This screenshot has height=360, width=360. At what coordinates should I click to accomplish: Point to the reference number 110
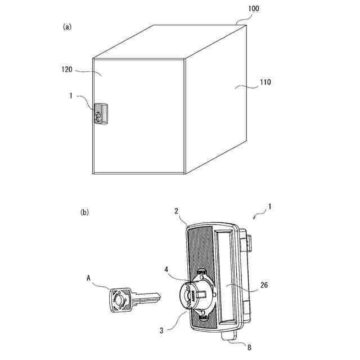point(265,82)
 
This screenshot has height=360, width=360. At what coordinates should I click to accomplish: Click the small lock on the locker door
point(102,115)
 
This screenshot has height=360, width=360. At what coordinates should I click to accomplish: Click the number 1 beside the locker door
point(71,96)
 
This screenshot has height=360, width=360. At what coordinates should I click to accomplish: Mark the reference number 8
point(250,347)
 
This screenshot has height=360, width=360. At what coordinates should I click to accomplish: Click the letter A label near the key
point(88,277)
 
